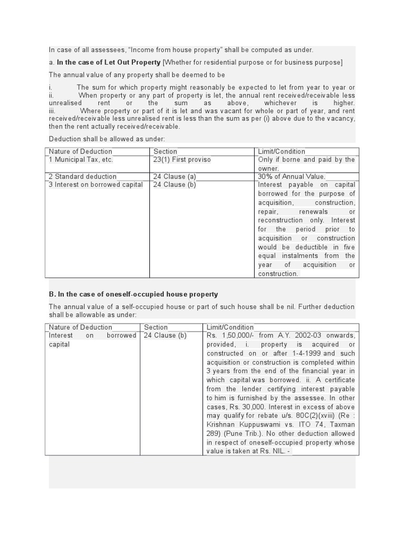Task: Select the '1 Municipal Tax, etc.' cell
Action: (80, 159)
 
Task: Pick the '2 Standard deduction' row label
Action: (83, 176)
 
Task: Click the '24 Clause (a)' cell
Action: (174, 176)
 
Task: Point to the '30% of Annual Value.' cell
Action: (291, 176)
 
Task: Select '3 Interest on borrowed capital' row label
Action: (95, 185)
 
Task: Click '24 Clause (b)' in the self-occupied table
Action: (165, 335)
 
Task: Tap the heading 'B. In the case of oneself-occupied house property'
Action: (133, 294)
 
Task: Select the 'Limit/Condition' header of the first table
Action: (281, 152)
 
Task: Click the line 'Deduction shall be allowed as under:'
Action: (107, 139)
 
